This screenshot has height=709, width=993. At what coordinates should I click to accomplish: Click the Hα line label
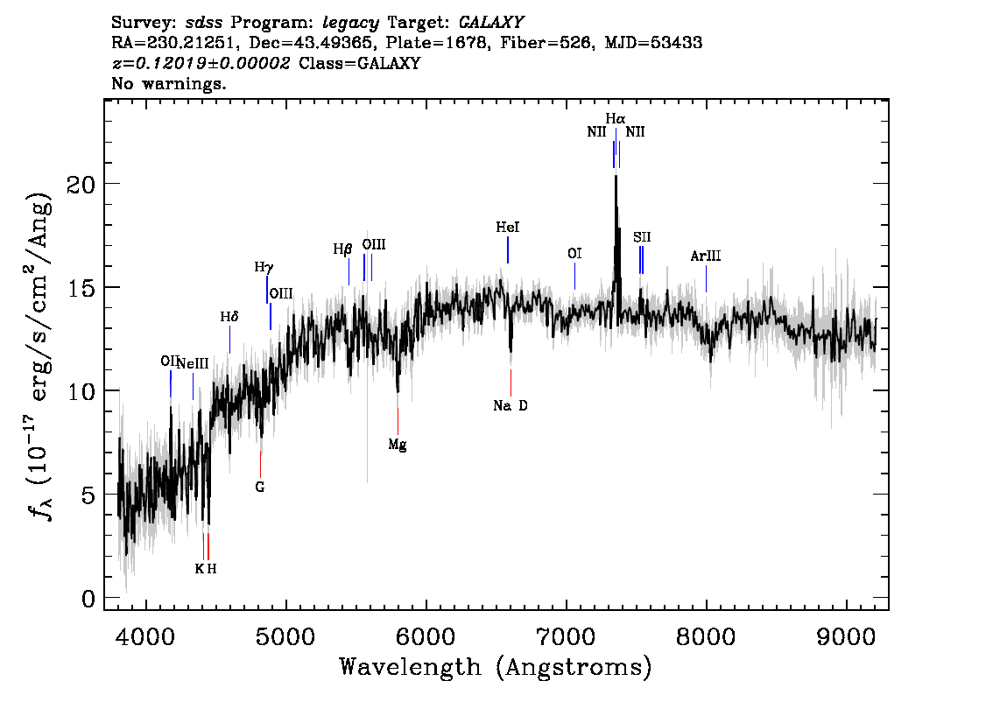coord(616,118)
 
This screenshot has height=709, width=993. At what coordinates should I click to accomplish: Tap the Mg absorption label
coord(398,445)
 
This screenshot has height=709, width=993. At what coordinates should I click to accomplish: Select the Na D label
coord(511,406)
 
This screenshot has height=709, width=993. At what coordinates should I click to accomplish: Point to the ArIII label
coord(706,256)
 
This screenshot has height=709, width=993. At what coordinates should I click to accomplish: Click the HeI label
coord(508,228)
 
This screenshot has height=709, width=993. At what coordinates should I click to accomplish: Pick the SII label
coord(642,237)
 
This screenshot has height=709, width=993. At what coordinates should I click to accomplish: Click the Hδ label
coord(229,317)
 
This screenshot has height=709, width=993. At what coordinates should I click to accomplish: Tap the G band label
coord(260,486)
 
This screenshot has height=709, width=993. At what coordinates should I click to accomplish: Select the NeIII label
coord(193,364)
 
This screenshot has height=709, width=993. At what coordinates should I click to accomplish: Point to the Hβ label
coord(342,249)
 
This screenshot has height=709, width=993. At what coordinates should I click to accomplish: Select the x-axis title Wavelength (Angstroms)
coord(496,668)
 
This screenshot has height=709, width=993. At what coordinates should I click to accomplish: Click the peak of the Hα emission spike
coord(616,177)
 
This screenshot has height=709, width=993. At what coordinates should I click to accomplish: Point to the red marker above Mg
coord(398,420)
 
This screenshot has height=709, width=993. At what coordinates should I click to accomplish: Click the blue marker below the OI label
coord(574,277)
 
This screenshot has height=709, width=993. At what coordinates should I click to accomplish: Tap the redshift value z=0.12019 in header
coord(201,64)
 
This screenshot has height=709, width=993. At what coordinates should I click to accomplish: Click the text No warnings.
coord(169,84)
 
